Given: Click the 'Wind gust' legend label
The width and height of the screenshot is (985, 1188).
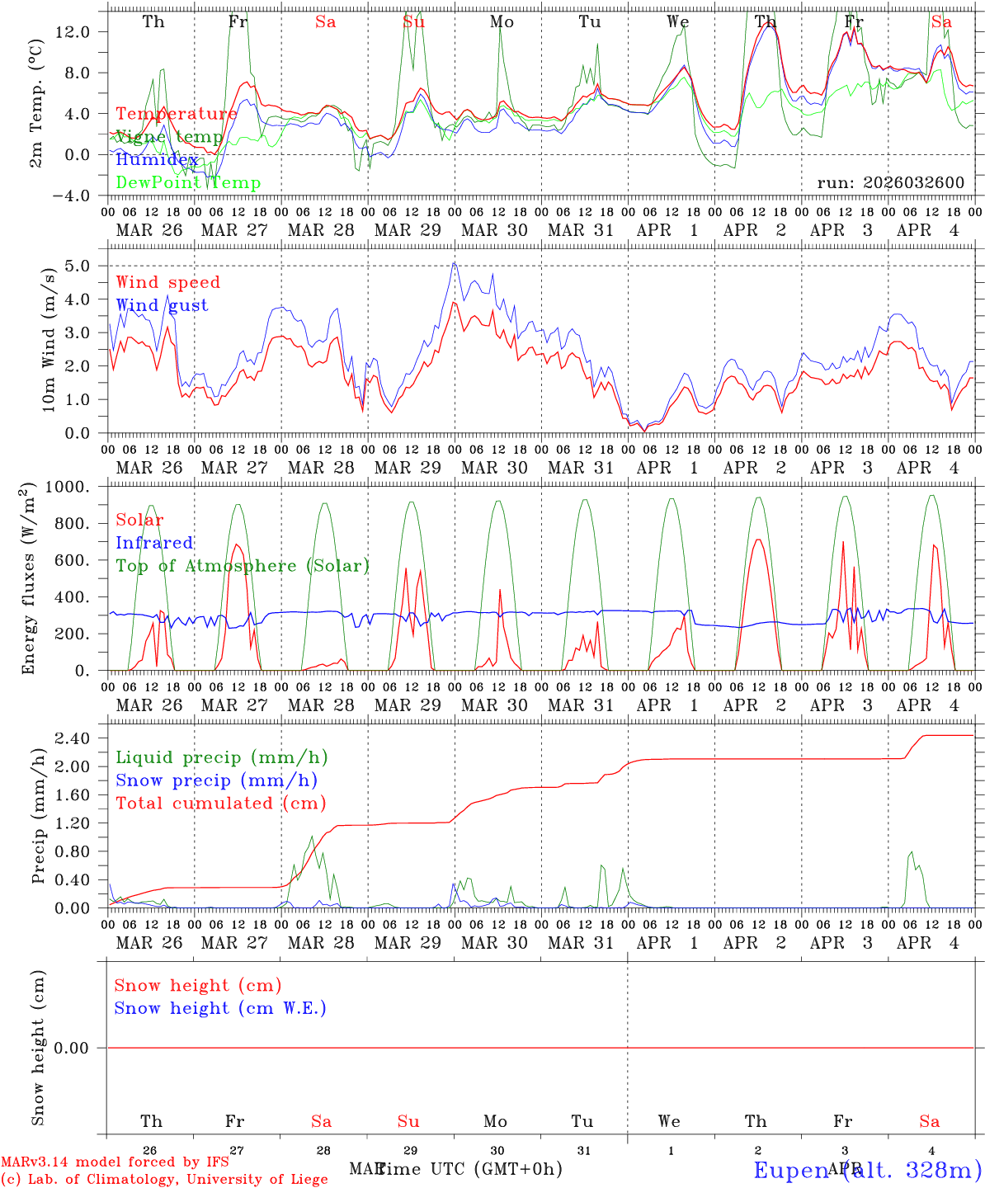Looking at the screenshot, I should pyautogui.click(x=162, y=305).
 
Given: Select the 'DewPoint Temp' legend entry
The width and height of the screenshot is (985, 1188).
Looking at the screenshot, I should pyautogui.click(x=188, y=183).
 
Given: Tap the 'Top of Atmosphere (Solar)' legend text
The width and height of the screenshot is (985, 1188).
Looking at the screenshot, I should pyautogui.click(x=243, y=566).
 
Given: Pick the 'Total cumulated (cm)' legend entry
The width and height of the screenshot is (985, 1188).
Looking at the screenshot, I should pyautogui.click(x=220, y=803).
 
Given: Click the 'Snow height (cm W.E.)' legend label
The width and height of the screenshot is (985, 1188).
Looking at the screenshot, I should pyautogui.click(x=220, y=1008).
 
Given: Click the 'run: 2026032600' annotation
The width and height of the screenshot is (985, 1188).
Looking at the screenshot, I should pyautogui.click(x=890, y=183).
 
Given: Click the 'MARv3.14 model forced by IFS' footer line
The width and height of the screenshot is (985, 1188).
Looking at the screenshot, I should pyautogui.click(x=115, y=1162).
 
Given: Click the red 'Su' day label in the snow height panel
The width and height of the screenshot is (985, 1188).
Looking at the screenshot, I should pyautogui.click(x=408, y=1121).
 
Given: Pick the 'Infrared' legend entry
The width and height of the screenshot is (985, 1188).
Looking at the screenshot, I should pyautogui.click(x=154, y=543).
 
